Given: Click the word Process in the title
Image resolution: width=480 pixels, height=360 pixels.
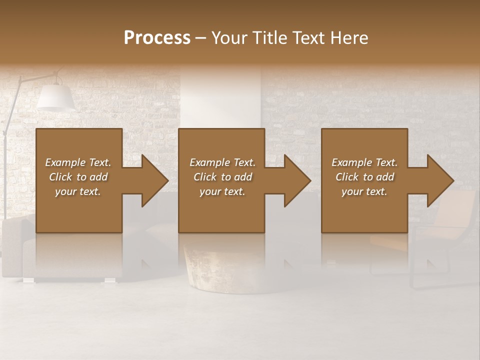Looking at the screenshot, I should coord(157,38).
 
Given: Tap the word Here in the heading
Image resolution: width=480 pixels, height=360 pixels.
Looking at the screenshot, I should coord(348,38).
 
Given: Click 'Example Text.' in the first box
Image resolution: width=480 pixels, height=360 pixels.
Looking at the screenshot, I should coord(78,162).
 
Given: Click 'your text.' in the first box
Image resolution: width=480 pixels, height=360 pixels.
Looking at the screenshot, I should coord(78,191).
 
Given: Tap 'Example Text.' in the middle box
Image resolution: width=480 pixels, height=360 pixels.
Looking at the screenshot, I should coord(222,162).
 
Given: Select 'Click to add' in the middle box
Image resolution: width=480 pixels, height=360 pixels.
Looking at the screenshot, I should coord(222,177).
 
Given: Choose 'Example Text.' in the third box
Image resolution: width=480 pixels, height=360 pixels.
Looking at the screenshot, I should coord(364,162).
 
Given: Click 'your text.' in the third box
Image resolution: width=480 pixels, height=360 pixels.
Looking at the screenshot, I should coord(364,191).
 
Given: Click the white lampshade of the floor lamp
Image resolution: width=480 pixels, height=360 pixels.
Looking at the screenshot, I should coord(55,97).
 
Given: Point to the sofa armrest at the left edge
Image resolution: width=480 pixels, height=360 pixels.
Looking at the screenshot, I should coord(12,245).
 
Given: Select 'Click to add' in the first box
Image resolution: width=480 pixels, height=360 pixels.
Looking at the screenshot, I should coord(78,177).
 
